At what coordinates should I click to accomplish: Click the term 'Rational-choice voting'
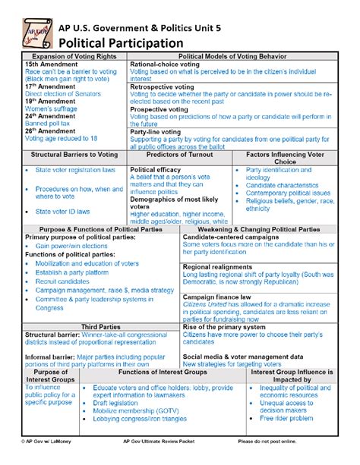click(165, 65)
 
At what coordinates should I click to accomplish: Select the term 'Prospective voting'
click(159, 110)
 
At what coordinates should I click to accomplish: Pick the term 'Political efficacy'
click(155, 170)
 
